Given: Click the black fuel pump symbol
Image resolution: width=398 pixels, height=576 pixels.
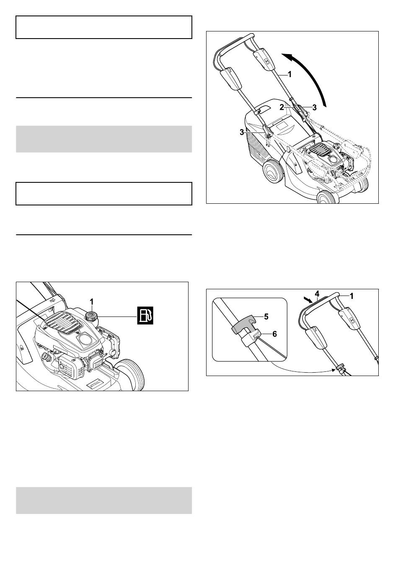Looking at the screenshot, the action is pos(145,315).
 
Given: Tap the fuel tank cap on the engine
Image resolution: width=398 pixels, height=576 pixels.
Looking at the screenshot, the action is pos(90,316).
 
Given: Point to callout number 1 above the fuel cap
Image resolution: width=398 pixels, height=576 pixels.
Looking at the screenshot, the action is pos(92,302).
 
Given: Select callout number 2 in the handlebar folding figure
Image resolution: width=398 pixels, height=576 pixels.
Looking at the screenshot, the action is pos(282,107).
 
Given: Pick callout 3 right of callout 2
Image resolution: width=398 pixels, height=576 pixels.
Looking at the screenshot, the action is pos(314,107).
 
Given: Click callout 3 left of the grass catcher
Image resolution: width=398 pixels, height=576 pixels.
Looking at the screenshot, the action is pos(242,132).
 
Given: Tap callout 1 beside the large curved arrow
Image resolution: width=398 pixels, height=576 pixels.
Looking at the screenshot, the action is pos(289,75).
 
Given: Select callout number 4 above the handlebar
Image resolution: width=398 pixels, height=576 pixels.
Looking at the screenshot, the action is pos(317,293).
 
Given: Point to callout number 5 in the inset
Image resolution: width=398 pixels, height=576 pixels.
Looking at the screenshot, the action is pos(266,317).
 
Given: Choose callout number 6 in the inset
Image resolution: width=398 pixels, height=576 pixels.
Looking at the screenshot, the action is pos(274,334).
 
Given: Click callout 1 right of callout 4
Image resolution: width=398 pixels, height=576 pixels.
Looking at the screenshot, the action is pos(351,296).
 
